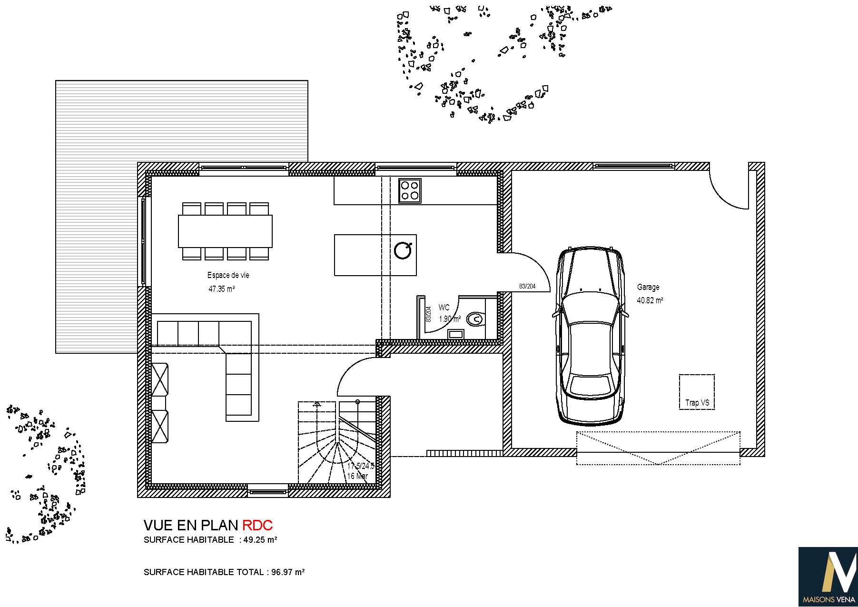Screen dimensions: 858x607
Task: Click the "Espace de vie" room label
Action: coord(228,275)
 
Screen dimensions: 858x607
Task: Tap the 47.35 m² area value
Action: coord(222,289)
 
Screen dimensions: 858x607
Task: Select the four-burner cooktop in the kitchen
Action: coord(410,191)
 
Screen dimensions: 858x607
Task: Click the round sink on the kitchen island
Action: coord(403,250)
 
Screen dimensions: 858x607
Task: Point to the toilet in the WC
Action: coord(475,319)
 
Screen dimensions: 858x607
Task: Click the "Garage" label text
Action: coord(648,287)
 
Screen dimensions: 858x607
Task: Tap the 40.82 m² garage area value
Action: coord(650,300)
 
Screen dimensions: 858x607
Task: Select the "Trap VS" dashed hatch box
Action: coord(697,392)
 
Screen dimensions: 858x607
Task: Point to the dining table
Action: coord(225,231)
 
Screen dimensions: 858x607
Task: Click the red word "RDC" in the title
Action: coord(257,525)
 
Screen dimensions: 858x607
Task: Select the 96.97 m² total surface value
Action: coord(288,572)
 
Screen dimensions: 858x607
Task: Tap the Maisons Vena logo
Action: coord(828,577)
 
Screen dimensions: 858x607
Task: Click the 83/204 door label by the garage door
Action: coord(527,286)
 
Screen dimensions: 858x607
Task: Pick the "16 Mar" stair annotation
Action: coord(357,476)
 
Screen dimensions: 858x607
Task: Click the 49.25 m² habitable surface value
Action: coord(260,540)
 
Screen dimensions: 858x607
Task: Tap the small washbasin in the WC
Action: coord(456,334)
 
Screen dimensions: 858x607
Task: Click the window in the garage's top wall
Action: coord(634,166)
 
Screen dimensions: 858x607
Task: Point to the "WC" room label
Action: coord(444,308)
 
